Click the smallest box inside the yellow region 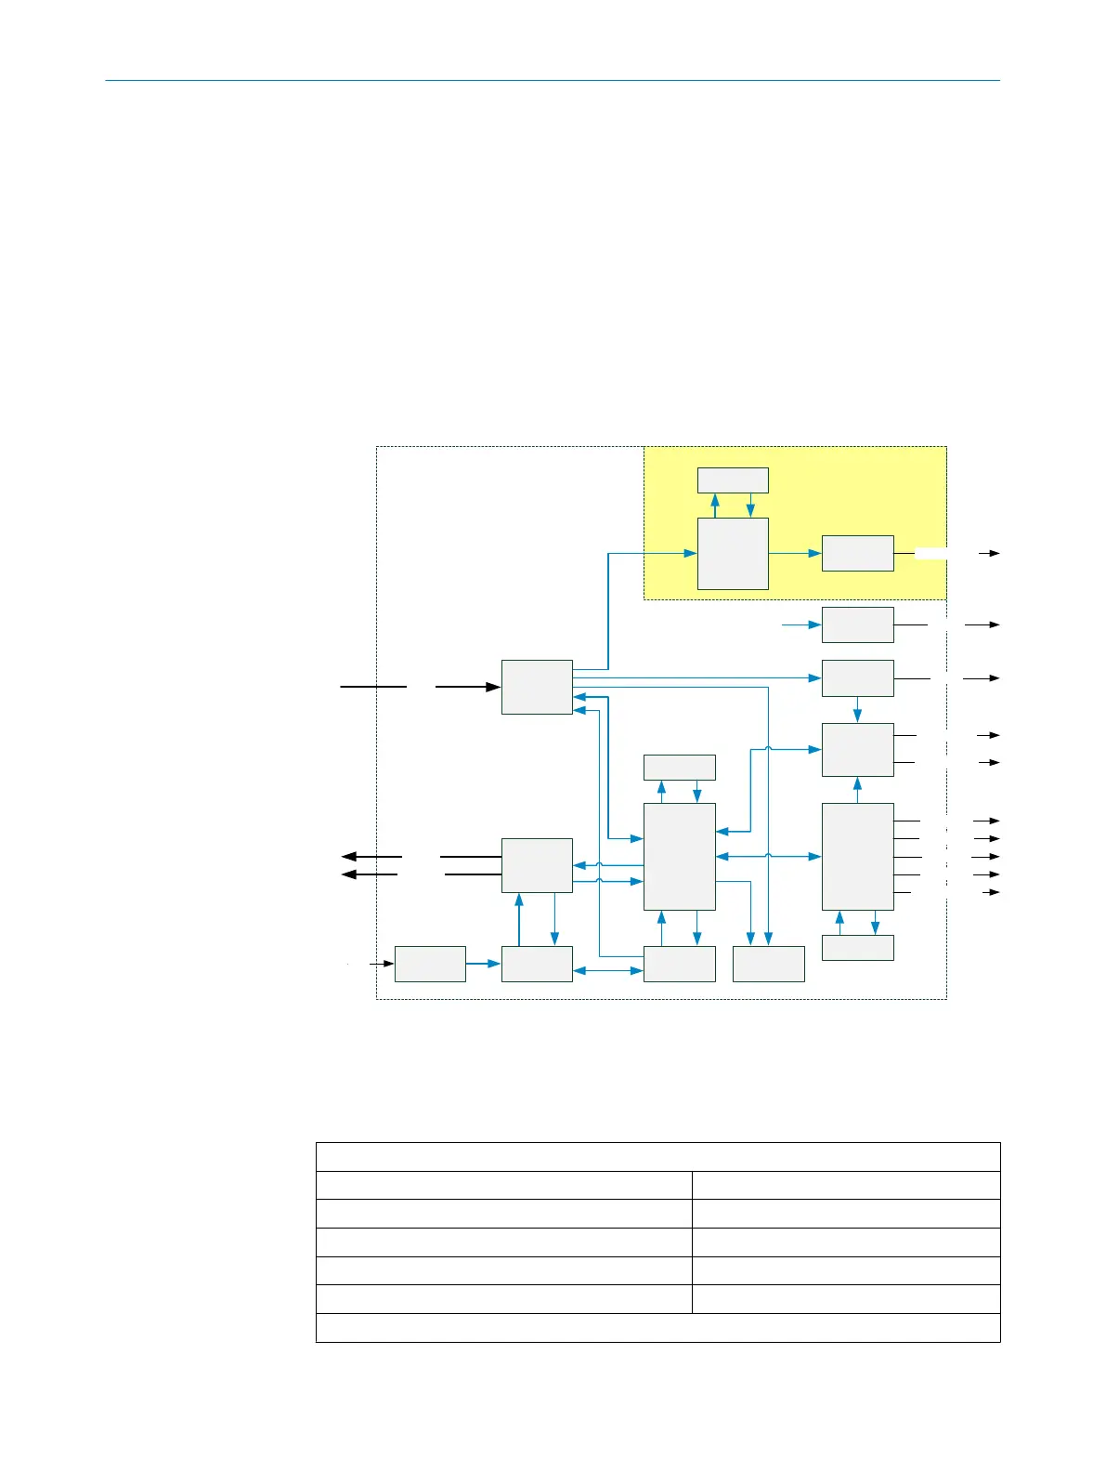tap(733, 480)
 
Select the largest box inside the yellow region tap(733, 553)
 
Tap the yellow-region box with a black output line tap(857, 553)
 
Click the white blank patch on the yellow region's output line tap(945, 553)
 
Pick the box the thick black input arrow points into tap(537, 687)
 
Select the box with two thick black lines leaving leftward tap(537, 865)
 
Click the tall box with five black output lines tap(857, 856)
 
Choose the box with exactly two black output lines tap(857, 749)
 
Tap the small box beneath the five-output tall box tap(857, 947)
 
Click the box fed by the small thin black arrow tap(430, 964)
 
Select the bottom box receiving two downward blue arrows tap(768, 964)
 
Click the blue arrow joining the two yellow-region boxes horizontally tap(795, 553)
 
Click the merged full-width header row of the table tap(657, 1157)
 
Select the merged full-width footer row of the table tap(657, 1328)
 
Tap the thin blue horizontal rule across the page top tap(553, 81)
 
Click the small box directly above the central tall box tap(679, 767)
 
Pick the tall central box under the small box tap(679, 856)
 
